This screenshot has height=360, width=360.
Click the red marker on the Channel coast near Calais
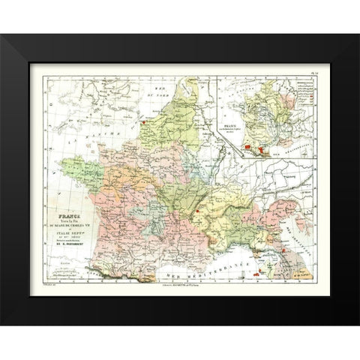point(142,118)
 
